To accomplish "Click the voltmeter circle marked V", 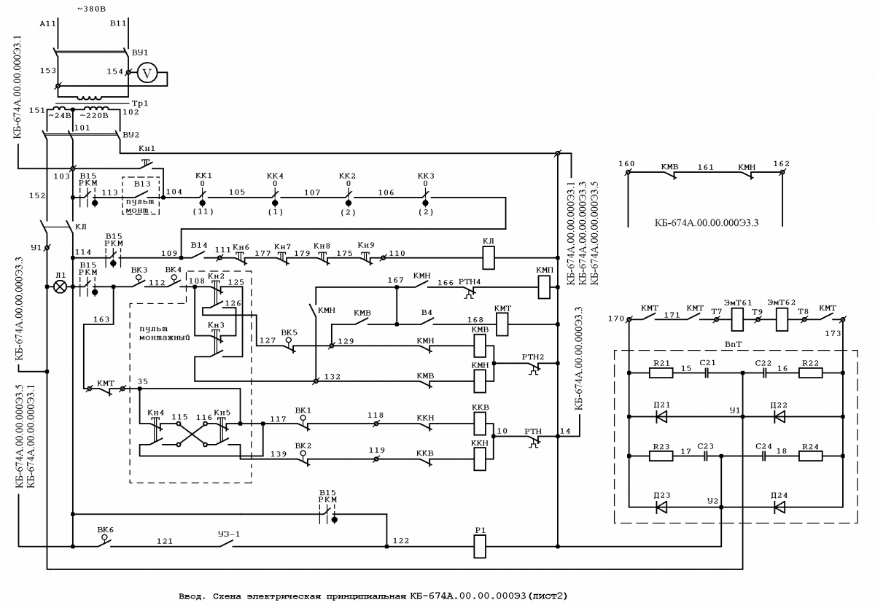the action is [147, 73].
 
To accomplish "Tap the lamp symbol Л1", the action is [60, 287].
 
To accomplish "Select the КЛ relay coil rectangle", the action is [489, 258].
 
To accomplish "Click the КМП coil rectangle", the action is [544, 287].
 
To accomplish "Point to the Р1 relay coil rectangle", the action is [480, 546].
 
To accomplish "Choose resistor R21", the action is [661, 373].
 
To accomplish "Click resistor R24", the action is [811, 456].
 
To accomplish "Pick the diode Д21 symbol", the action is [661, 417].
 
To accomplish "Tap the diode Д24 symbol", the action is [779, 507].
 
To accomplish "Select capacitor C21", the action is [707, 373].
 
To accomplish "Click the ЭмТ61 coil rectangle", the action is [737, 319].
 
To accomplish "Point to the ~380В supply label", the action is [91, 9].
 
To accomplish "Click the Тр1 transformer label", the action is [140, 104].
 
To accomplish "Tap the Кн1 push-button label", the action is [147, 149].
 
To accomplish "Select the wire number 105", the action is [237, 192].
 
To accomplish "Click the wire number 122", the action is [401, 541].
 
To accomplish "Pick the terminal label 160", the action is [626, 163].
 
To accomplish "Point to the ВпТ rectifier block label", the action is [734, 344].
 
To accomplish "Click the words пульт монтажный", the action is [165, 333].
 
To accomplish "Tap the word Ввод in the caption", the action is [191, 596].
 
